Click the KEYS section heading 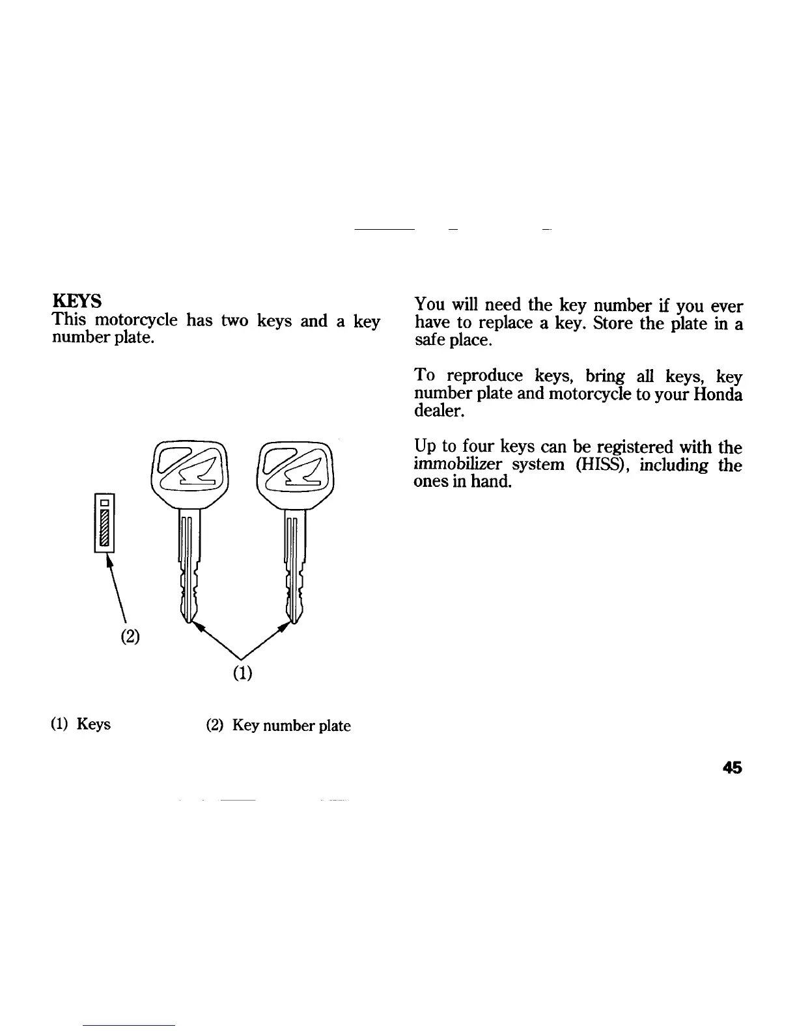(76, 302)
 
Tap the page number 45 (733, 768)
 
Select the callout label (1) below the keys (242, 672)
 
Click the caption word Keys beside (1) (94, 724)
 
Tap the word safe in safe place (429, 340)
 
